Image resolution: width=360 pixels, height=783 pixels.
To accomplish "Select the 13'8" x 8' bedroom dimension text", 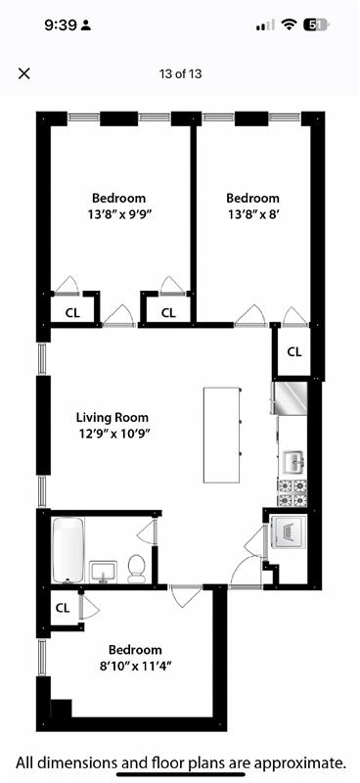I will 251,213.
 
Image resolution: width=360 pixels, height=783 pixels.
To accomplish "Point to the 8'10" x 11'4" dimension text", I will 135,666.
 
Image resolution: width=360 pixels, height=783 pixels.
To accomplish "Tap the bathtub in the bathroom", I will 67,550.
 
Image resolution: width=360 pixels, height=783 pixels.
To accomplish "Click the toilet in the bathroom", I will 136,568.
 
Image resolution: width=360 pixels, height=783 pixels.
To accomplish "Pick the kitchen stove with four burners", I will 292,492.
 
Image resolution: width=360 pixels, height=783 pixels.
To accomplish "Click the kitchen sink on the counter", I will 292,460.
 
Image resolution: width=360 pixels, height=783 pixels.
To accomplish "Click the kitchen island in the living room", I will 222,435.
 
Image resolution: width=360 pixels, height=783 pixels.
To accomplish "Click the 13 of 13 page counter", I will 180,73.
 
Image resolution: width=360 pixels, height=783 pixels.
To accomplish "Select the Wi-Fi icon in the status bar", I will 289,25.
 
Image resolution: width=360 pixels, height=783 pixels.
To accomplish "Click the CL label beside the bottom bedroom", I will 63,608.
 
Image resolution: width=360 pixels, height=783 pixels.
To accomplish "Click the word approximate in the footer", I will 296,761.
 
